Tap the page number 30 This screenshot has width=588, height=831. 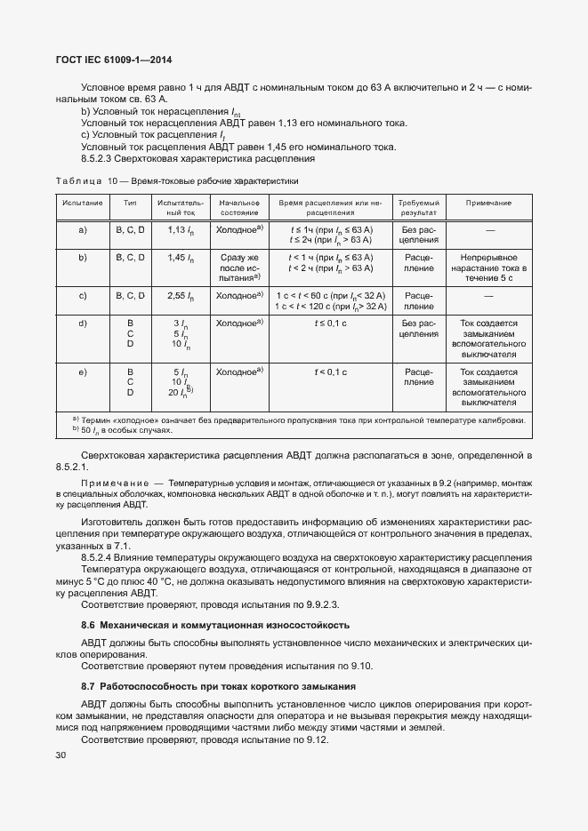60,755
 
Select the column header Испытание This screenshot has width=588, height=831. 83,204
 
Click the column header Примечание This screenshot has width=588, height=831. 488,204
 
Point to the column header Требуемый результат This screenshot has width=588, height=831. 418,208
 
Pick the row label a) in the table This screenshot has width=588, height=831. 83,229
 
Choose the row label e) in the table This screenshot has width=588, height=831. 83,372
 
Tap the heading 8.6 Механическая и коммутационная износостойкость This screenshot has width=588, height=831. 215,626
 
